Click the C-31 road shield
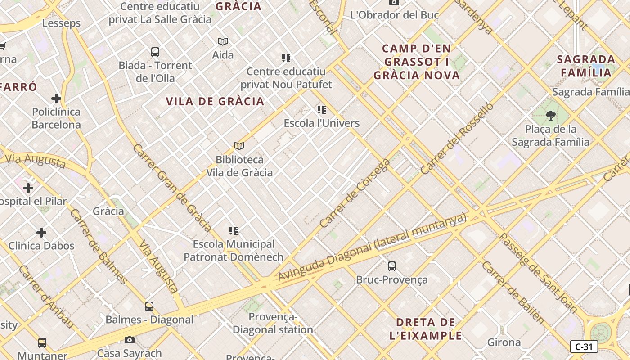click(x=584, y=346)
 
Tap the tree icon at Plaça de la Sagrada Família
click(x=550, y=116)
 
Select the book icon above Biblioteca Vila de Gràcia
click(x=239, y=146)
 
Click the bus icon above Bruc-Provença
click(x=392, y=266)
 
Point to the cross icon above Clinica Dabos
click(x=41, y=233)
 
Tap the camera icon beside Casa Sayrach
click(x=130, y=340)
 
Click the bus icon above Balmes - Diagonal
click(x=149, y=306)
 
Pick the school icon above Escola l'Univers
click(x=321, y=109)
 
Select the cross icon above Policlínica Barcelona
click(x=56, y=99)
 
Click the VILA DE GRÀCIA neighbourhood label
click(x=215, y=101)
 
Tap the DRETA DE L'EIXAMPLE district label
click(x=426, y=329)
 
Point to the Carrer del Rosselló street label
click(x=456, y=139)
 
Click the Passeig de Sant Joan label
click(x=538, y=273)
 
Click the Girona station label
click(x=504, y=342)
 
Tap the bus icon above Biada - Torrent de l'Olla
click(x=155, y=52)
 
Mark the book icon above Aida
click(x=223, y=42)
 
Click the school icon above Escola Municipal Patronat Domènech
click(x=234, y=231)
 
